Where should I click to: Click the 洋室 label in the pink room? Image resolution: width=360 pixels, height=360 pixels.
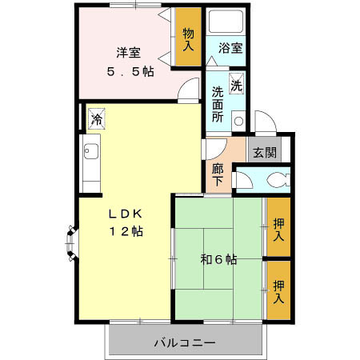coord(129,53)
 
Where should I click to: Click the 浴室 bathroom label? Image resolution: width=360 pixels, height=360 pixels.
coord(232,48)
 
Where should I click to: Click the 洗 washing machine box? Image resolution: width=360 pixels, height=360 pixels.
coord(238,84)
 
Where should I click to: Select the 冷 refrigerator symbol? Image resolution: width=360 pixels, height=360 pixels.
coord(97,121)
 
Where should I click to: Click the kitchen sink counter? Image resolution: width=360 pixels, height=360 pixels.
coord(90,164)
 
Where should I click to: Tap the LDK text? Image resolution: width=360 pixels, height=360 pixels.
coord(126,214)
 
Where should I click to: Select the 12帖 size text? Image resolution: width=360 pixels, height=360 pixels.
coord(126,232)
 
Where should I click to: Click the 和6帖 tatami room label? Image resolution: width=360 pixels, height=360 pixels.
coord(218,258)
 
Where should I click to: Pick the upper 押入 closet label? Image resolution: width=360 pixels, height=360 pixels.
coord(278,230)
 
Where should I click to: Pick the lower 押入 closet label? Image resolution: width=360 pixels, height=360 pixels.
coord(278,291)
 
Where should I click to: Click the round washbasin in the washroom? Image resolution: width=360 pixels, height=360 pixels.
coord(238,122)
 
